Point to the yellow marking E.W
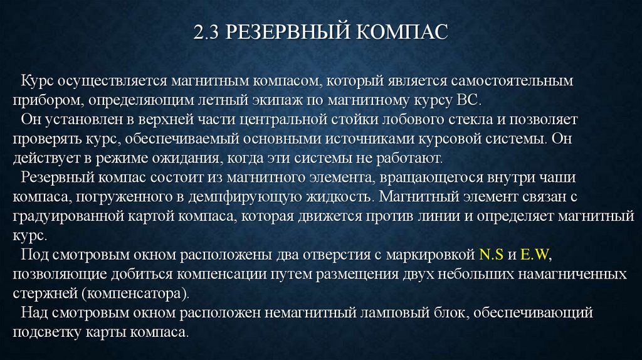click(534, 256)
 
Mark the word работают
click(413, 156)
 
